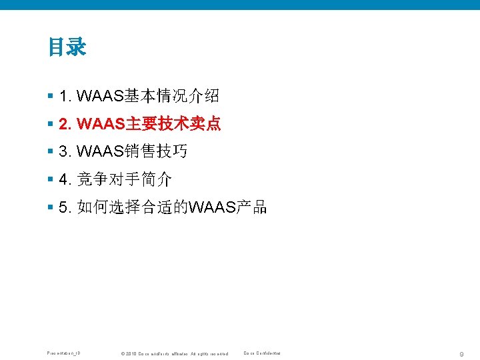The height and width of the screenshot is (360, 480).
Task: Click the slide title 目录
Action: click(x=67, y=47)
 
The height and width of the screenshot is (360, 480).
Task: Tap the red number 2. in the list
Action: click(x=65, y=124)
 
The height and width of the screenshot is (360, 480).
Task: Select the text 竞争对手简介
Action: click(x=125, y=179)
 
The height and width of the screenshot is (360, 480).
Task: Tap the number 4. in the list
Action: click(x=65, y=179)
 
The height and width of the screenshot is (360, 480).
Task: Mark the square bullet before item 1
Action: click(x=51, y=97)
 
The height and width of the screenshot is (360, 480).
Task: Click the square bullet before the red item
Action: click(x=51, y=125)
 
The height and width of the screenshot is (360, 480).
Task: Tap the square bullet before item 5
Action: click(x=51, y=208)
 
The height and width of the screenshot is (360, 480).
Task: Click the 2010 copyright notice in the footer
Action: click(x=173, y=353)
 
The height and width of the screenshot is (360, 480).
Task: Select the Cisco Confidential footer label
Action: click(x=262, y=353)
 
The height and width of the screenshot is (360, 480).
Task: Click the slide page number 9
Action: click(x=462, y=352)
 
